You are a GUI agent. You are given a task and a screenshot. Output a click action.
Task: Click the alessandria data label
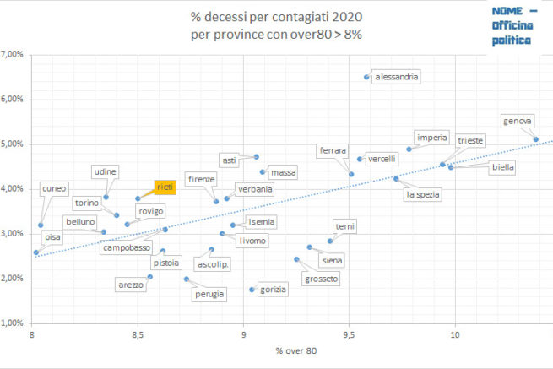click(x=396, y=77)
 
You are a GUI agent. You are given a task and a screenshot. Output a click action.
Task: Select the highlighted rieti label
click(x=164, y=187)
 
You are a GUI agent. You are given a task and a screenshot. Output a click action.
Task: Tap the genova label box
click(x=517, y=122)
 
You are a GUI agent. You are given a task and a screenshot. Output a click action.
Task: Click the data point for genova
click(x=535, y=139)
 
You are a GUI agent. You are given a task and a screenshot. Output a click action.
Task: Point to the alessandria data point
click(x=366, y=77)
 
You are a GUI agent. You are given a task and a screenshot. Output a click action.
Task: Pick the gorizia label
click(x=274, y=290)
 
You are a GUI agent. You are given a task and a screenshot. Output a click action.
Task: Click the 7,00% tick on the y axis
click(x=15, y=55)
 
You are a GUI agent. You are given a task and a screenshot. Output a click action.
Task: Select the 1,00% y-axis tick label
click(x=15, y=323)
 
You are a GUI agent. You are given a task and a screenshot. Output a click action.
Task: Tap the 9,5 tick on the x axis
click(x=350, y=336)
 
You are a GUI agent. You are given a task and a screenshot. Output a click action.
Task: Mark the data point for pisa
click(x=35, y=252)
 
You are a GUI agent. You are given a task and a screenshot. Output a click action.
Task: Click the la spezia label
click(x=423, y=194)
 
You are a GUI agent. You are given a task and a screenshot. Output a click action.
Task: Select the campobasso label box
click(x=127, y=247)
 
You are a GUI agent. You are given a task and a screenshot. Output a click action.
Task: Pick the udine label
click(x=105, y=171)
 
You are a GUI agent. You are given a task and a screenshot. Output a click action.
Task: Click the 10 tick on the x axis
click(x=455, y=336)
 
